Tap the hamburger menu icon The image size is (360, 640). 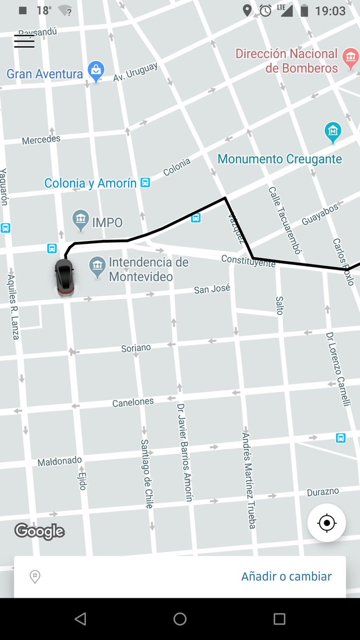click(24, 42)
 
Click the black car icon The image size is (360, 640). click(64, 277)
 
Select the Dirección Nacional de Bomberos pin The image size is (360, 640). click(350, 59)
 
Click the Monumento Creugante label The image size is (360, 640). click(279, 159)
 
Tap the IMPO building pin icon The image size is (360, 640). click(81, 220)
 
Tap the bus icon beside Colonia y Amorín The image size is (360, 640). click(145, 183)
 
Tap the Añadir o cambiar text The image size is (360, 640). click(286, 577)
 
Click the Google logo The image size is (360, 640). click(39, 531)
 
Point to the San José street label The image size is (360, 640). click(212, 289)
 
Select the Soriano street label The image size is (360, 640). click(136, 348)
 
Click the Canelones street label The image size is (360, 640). click(133, 402)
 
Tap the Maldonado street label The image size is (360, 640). click(59, 461)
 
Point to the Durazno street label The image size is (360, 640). click(323, 492)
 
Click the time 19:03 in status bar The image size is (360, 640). click(330, 11)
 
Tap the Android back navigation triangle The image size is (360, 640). click(80, 619)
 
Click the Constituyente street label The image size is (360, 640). click(248, 260)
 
